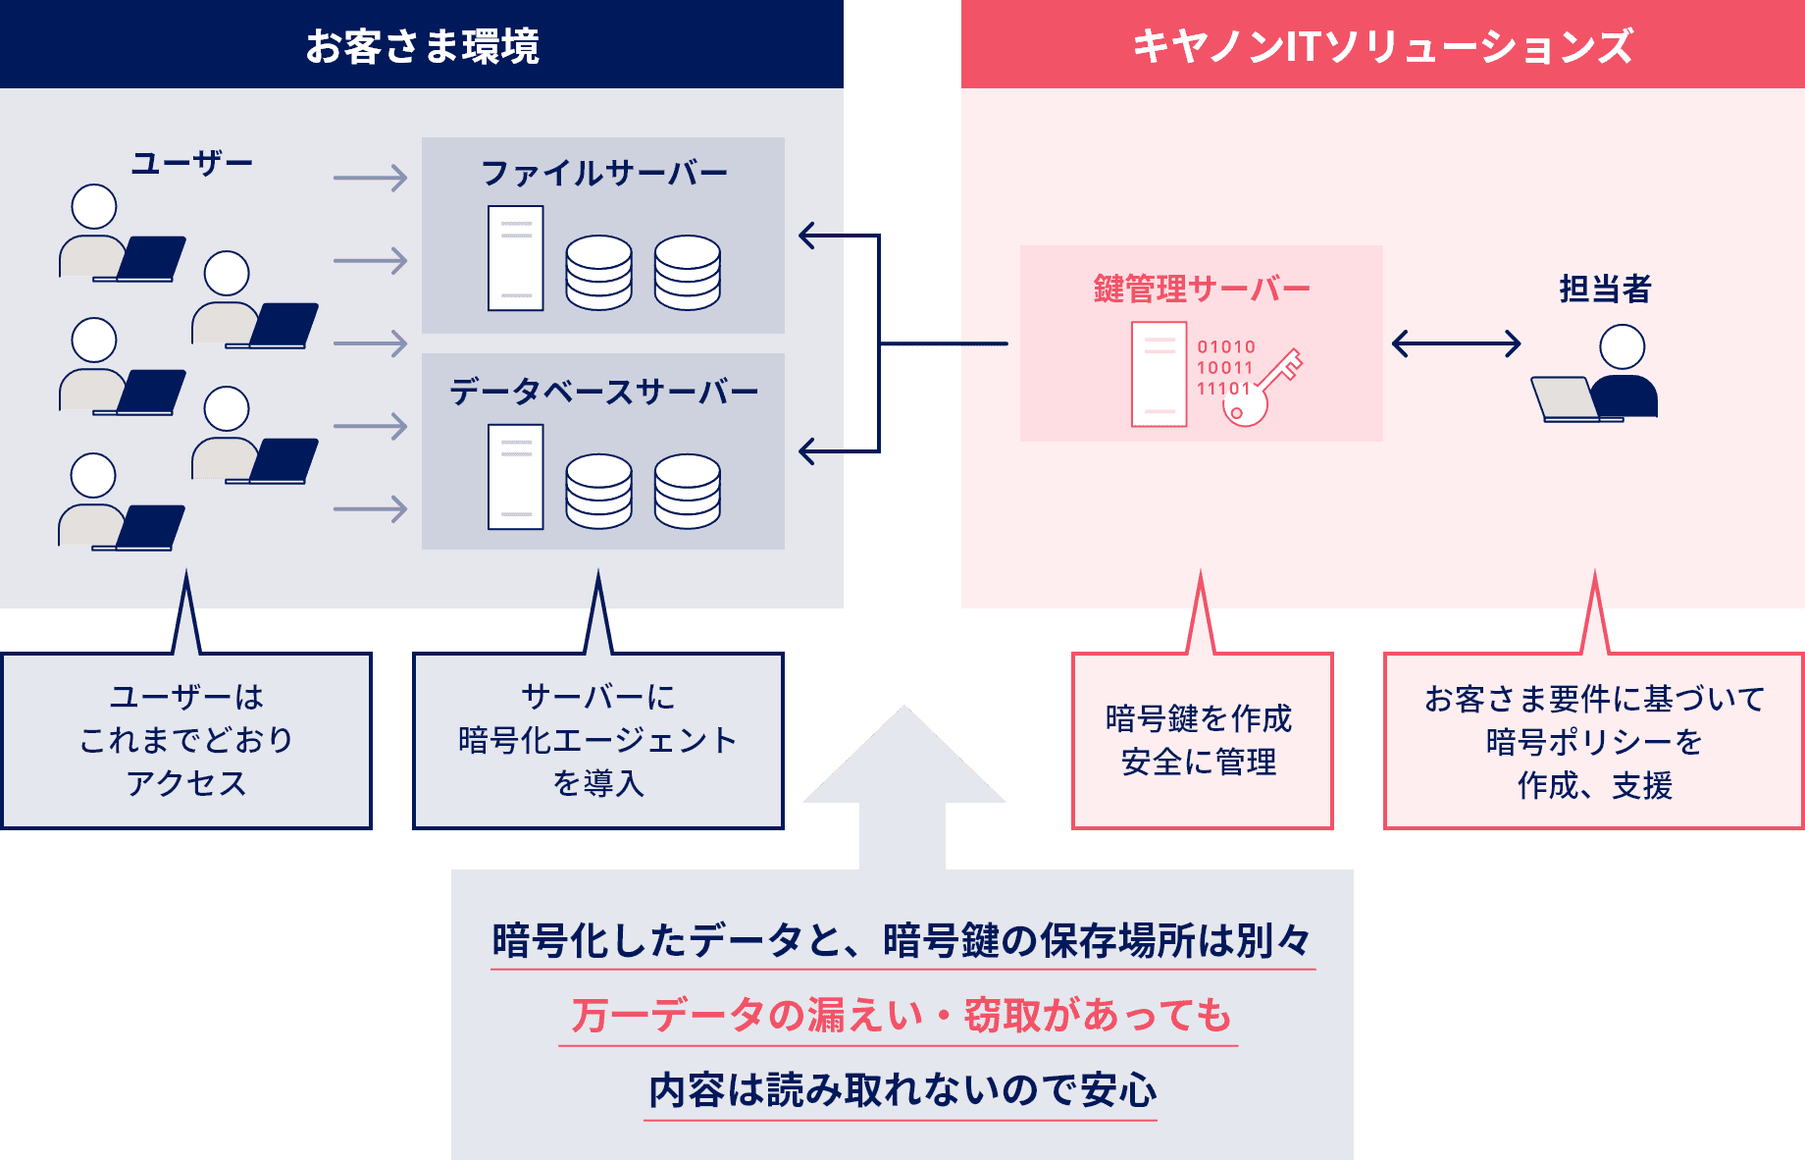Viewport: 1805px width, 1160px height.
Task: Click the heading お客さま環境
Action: tap(422, 47)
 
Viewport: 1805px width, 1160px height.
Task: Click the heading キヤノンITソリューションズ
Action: tap(1382, 47)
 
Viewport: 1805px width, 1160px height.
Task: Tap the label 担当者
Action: tap(1605, 289)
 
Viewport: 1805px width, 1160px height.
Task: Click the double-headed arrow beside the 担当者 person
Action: tap(1456, 343)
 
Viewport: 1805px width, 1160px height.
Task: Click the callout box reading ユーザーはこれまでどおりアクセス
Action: tap(186, 740)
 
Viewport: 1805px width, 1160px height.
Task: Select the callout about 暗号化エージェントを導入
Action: tap(597, 740)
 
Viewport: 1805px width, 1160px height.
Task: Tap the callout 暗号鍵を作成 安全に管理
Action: tap(1201, 740)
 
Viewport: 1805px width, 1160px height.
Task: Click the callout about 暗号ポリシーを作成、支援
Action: tap(1593, 741)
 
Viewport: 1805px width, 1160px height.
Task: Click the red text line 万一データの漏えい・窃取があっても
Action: tap(900, 1015)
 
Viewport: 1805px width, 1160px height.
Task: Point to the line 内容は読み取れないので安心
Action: tap(902, 1090)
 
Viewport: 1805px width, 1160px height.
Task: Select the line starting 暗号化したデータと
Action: tap(902, 940)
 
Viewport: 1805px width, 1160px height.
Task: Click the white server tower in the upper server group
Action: tap(516, 258)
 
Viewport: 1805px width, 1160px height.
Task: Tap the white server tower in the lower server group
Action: tap(516, 477)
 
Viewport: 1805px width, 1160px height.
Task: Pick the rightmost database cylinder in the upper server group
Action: tap(687, 272)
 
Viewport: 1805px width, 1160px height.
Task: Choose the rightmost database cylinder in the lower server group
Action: tap(687, 491)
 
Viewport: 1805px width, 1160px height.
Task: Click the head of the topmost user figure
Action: tap(94, 207)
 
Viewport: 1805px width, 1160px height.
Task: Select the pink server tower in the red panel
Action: tap(1159, 373)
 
